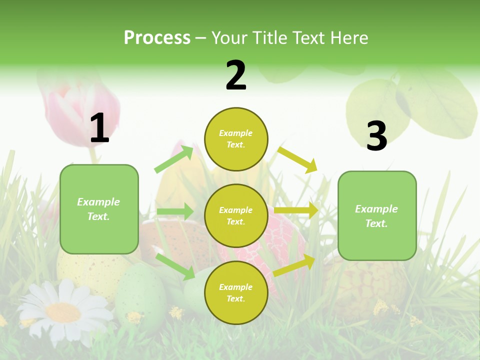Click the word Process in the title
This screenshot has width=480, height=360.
pyautogui.click(x=157, y=38)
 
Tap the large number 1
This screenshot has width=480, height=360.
pyautogui.click(x=99, y=128)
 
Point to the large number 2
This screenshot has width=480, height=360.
pyautogui.click(x=236, y=75)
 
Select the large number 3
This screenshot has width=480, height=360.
pyautogui.click(x=376, y=136)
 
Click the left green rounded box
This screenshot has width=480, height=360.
pyautogui.click(x=99, y=209)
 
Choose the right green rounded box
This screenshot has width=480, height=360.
pyautogui.click(x=377, y=215)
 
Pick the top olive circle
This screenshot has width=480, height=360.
pyautogui.click(x=236, y=139)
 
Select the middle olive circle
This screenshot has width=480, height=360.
pyautogui.click(x=236, y=215)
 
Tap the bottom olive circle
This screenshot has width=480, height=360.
pyautogui.click(x=236, y=292)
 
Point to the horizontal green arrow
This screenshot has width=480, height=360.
pyautogui.click(x=174, y=211)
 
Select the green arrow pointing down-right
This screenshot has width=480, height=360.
pyautogui.click(x=175, y=266)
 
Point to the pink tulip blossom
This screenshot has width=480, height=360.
pyautogui.click(x=82, y=112)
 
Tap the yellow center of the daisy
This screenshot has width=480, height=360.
pyautogui.click(x=63, y=312)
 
